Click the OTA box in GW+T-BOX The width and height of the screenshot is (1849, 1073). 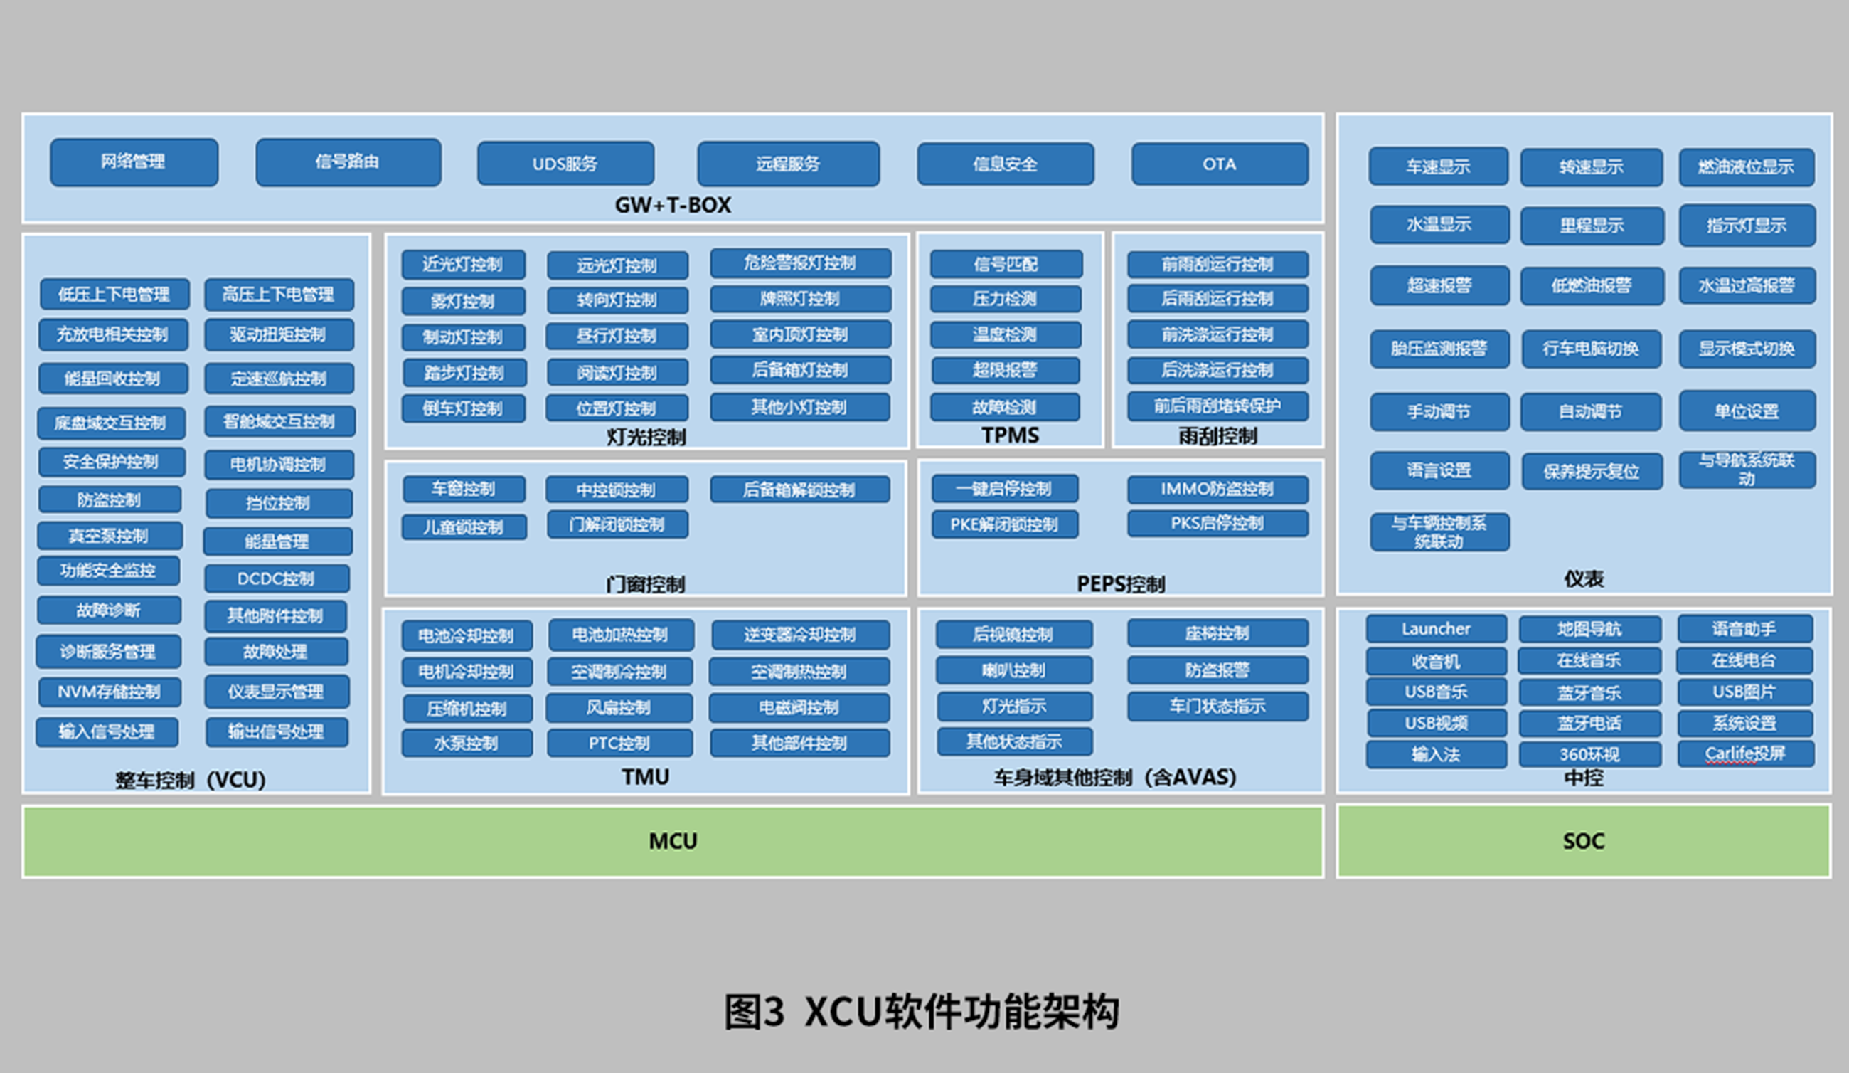coord(1219,164)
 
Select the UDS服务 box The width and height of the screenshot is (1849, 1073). coord(565,164)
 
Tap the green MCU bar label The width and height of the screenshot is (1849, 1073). coord(672,841)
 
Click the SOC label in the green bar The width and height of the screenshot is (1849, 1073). coord(1584,841)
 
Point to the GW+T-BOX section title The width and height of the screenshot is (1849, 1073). coord(672,205)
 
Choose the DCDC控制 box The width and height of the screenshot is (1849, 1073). coord(276,578)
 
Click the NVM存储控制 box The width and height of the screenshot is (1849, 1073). coord(109,692)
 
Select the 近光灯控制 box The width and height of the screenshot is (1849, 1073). coord(462,264)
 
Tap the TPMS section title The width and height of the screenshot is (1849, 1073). coord(1010,435)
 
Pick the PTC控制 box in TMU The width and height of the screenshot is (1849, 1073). coord(619,743)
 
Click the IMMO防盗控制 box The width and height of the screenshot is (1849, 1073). coord(1217,489)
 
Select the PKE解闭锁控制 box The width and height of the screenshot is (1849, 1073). coord(1003,524)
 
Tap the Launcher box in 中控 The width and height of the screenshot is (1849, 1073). coord(1435,629)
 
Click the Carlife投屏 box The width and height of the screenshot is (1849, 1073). coord(1744,754)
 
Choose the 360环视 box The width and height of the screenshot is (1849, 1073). coord(1589,754)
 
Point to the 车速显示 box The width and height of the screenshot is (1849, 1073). coord(1437,166)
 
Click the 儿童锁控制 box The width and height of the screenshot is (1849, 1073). coord(463,527)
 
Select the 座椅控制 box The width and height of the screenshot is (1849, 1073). coord(1217,633)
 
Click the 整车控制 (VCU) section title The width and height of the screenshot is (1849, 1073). coord(190,779)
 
